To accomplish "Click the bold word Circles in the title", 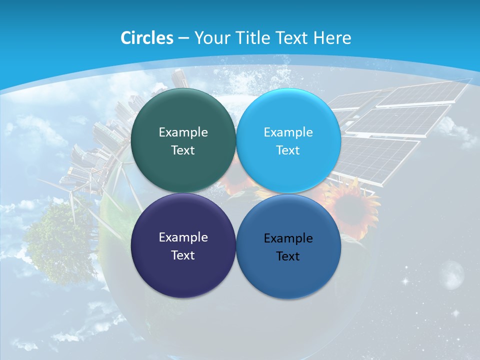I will click(147, 38).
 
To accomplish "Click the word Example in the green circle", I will click(183, 132).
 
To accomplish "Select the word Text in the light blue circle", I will click(288, 150).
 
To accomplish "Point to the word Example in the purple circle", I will click(183, 237).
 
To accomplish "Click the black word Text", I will click(288, 256).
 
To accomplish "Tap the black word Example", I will click(288, 238).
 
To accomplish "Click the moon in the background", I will click(452, 274).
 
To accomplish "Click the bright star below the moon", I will click(455, 313).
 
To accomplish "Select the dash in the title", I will click(183, 38).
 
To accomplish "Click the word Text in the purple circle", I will click(183, 255).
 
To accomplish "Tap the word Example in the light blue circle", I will click(288, 132).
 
